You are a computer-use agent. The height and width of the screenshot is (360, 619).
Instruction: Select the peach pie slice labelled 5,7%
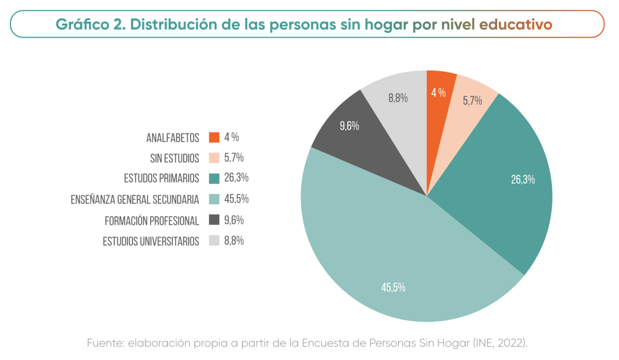(470, 100)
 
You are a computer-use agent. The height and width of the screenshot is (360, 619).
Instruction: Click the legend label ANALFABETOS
(172, 138)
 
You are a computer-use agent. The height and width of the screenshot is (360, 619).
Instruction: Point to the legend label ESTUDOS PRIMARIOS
(161, 178)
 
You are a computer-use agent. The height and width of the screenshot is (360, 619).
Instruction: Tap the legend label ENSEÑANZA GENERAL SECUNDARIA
(135, 200)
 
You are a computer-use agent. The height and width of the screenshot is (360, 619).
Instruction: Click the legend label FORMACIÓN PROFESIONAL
(152, 221)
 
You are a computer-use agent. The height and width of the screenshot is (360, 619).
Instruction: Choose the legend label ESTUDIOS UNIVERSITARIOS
(151, 241)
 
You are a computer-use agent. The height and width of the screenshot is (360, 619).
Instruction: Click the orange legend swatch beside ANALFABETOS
(214, 137)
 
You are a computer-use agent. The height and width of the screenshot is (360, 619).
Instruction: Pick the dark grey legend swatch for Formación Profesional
(214, 220)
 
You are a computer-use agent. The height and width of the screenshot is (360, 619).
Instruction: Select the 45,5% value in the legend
(236, 199)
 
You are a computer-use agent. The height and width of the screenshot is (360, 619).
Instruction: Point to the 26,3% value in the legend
(236, 178)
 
